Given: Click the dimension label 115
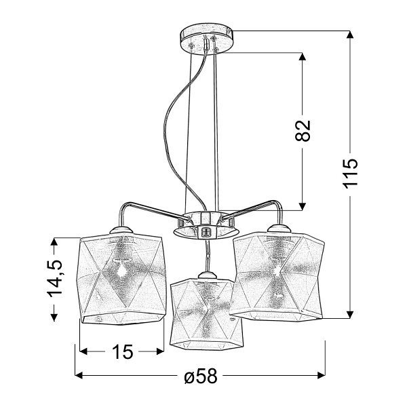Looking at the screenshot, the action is [x=350, y=173].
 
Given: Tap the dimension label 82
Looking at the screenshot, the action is [x=303, y=130].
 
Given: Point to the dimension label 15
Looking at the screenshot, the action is [x=122, y=352].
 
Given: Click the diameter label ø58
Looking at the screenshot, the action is [x=200, y=376].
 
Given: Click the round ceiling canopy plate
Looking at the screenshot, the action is [x=206, y=39].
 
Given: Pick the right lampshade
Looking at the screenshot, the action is [x=277, y=275].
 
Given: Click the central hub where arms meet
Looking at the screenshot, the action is [x=206, y=224].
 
